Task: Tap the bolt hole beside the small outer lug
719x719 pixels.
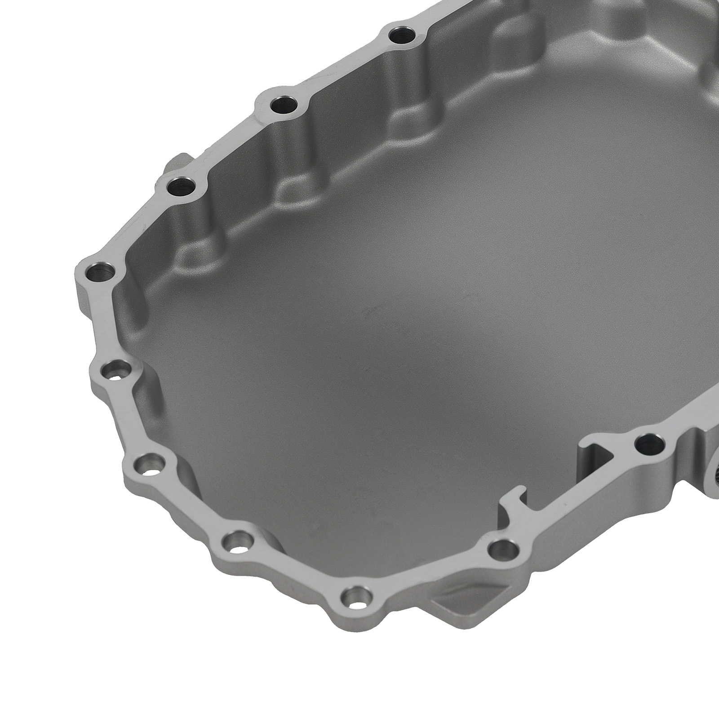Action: pyautogui.click(x=182, y=186)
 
